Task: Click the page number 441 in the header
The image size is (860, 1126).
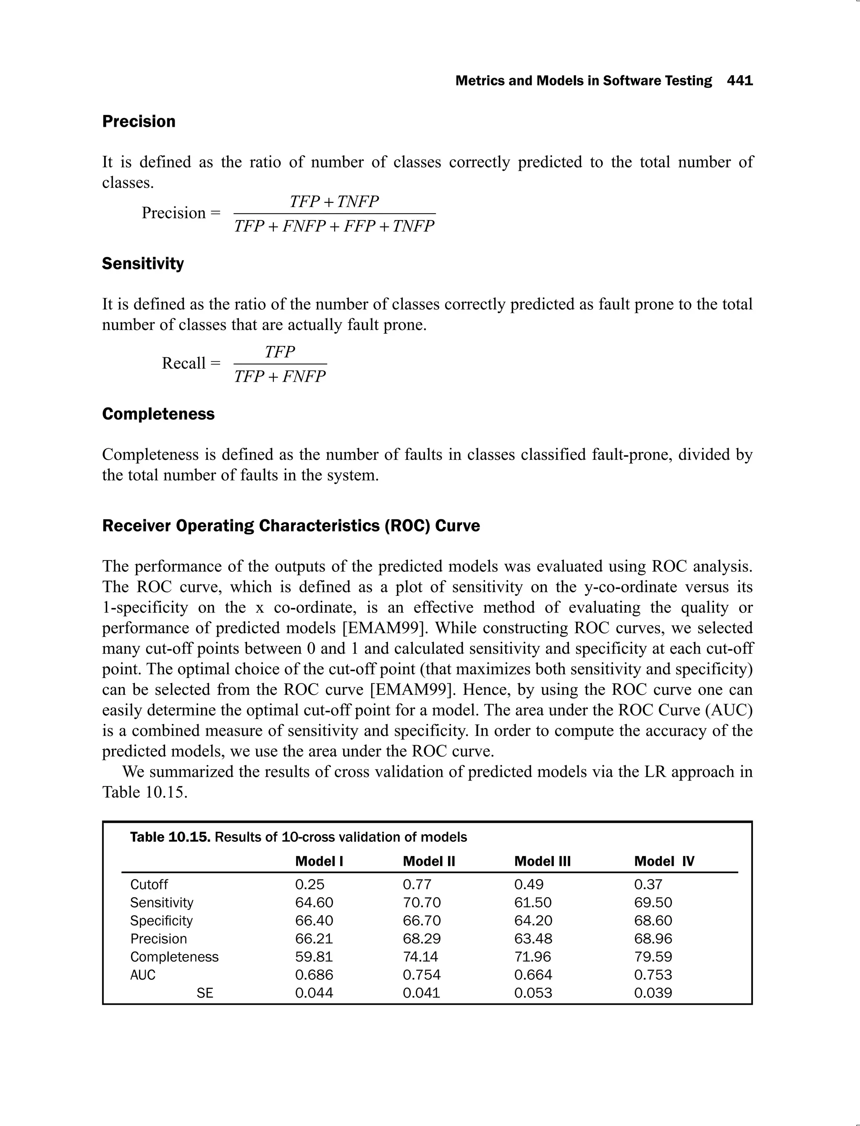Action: [740, 81]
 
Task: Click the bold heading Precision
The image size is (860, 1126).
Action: [139, 121]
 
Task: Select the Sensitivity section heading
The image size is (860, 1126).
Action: [143, 264]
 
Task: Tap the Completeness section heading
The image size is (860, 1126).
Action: [158, 414]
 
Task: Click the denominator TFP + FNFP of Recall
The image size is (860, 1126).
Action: [280, 377]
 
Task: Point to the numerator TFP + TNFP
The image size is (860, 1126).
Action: [334, 202]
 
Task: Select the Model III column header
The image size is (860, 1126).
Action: [542, 862]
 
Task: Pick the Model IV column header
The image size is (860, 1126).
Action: [664, 862]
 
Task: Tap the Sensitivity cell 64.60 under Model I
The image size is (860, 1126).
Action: [314, 902]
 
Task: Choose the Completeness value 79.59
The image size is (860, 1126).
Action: [653, 956]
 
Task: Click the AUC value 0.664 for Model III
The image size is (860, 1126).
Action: [533, 974]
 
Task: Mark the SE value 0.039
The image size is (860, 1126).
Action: [653, 993]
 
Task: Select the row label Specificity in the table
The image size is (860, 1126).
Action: [161, 921]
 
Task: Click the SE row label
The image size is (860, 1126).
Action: [205, 993]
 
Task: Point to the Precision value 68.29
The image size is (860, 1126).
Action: [421, 939]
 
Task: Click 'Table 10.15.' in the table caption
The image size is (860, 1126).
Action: [170, 837]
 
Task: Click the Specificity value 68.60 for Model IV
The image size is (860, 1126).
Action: [653, 921]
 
